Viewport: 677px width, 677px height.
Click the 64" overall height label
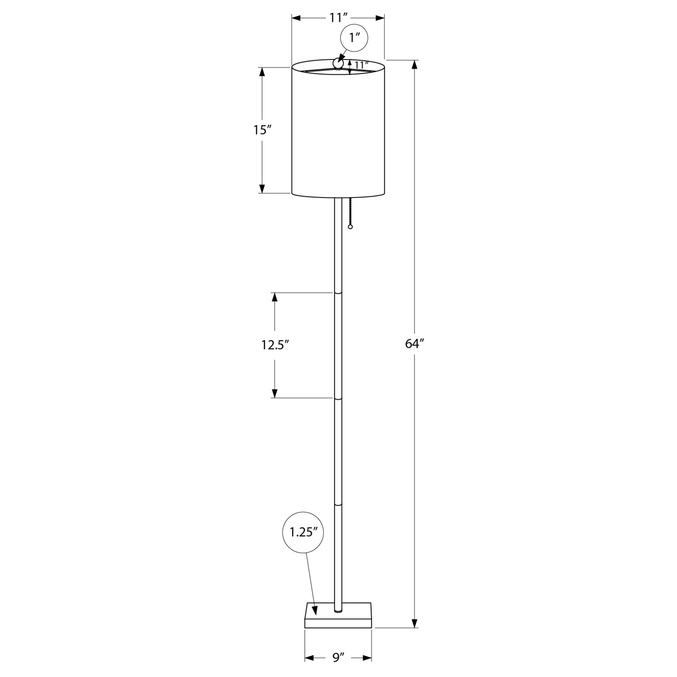point(414,344)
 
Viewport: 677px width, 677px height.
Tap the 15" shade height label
point(262,130)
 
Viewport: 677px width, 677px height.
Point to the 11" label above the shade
point(338,18)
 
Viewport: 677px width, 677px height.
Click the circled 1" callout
point(354,38)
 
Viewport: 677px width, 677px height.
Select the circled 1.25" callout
point(303,532)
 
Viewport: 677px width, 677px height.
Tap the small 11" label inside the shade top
point(362,65)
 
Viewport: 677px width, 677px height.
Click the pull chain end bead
point(350,226)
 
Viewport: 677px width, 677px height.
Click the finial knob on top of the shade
point(338,63)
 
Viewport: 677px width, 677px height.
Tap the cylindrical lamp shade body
point(338,135)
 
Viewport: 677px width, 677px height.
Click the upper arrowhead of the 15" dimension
point(262,73)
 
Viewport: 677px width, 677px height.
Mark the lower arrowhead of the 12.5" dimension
point(275,392)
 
